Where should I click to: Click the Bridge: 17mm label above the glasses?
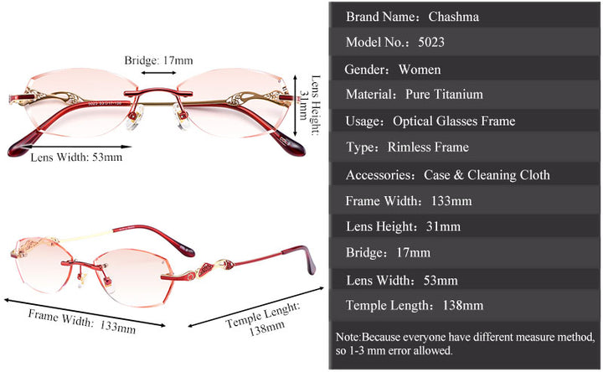pos(158,60)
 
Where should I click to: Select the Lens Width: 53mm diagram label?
pos(76,157)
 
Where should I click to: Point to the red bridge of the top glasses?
pos(159,85)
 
